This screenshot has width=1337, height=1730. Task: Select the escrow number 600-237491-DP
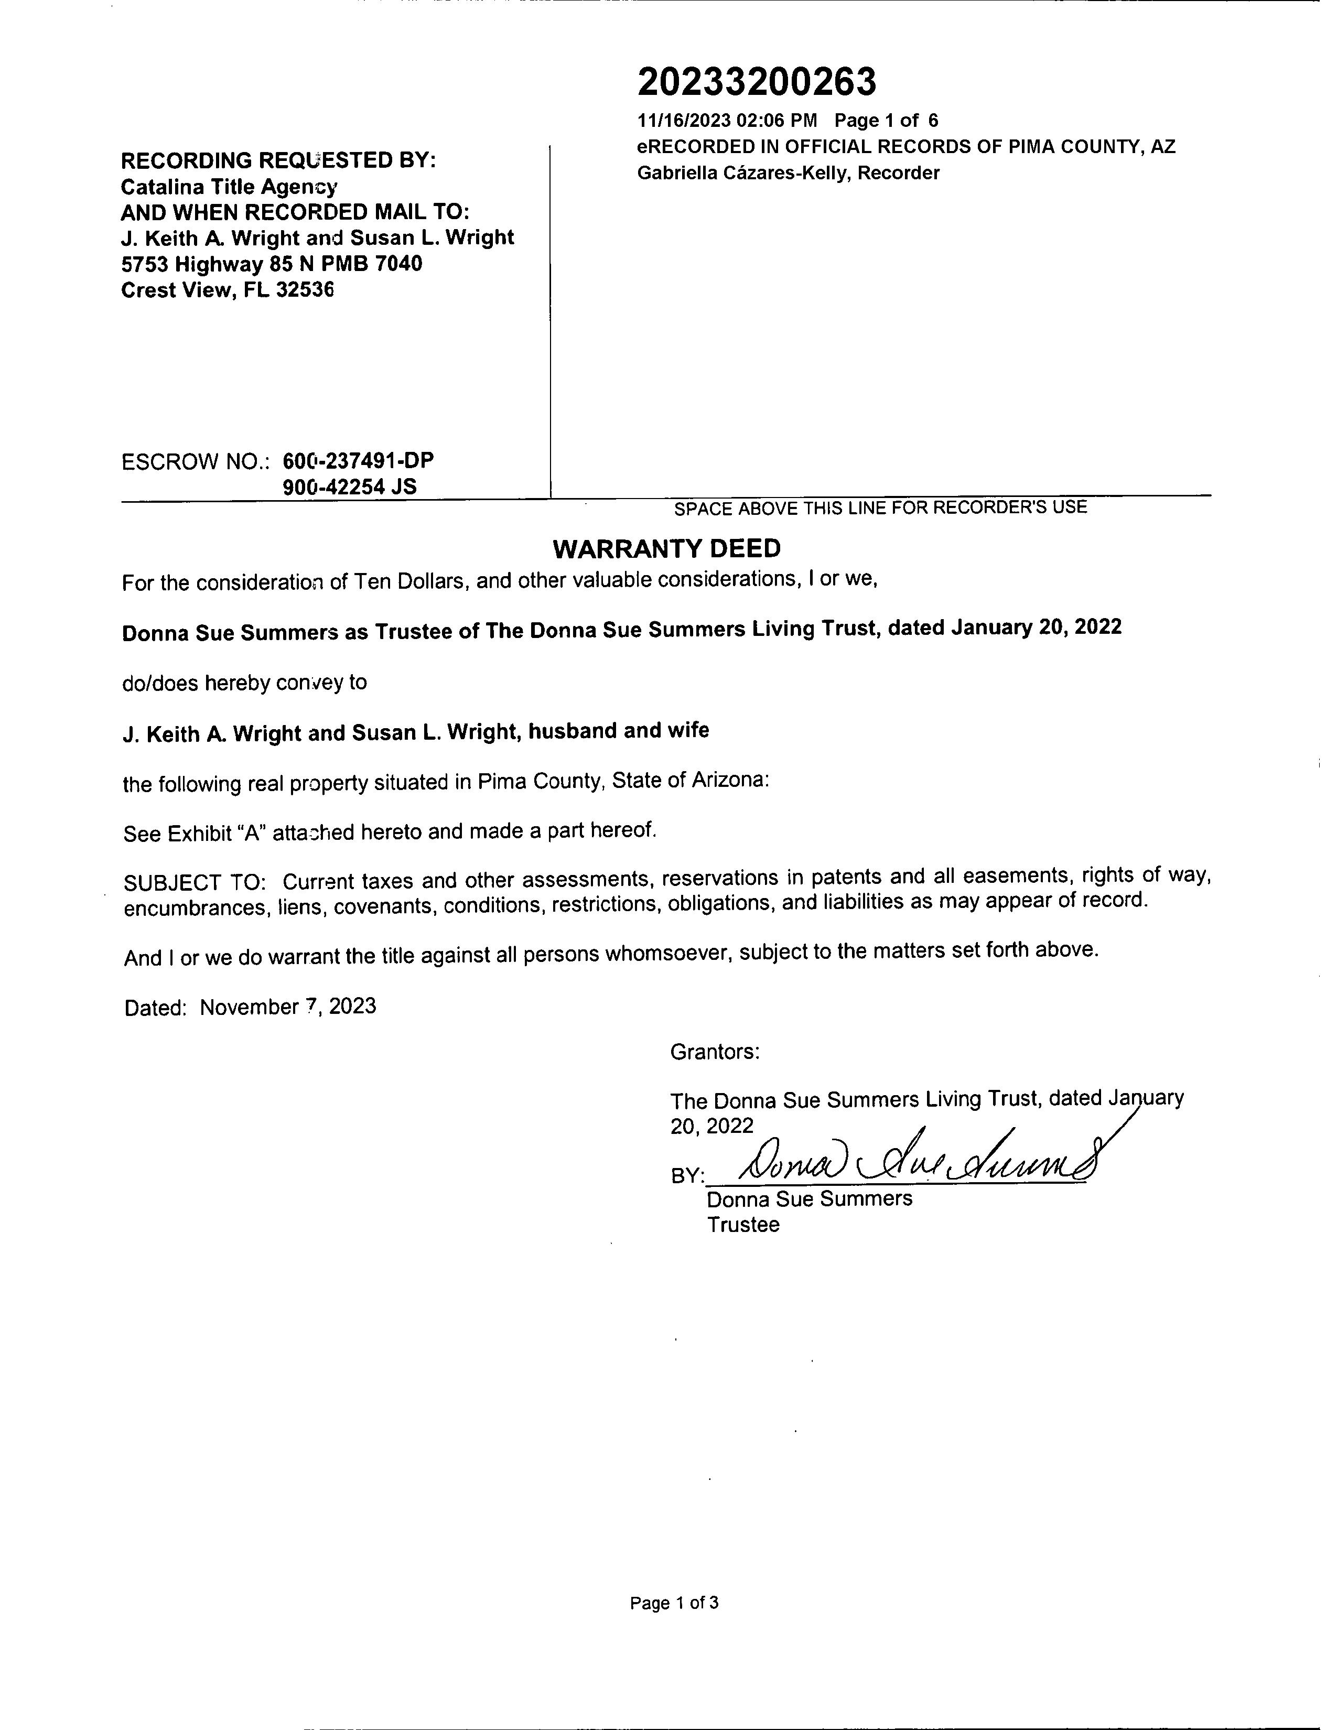(x=358, y=460)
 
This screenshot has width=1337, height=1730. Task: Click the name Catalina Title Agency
(x=229, y=187)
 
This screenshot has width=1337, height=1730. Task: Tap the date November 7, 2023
(x=288, y=1007)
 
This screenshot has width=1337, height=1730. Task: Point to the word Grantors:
(x=715, y=1052)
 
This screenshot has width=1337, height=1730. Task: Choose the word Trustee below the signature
(x=743, y=1225)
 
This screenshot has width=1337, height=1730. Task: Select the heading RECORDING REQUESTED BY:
(x=278, y=161)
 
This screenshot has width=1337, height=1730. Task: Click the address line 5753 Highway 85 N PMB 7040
(x=272, y=264)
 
